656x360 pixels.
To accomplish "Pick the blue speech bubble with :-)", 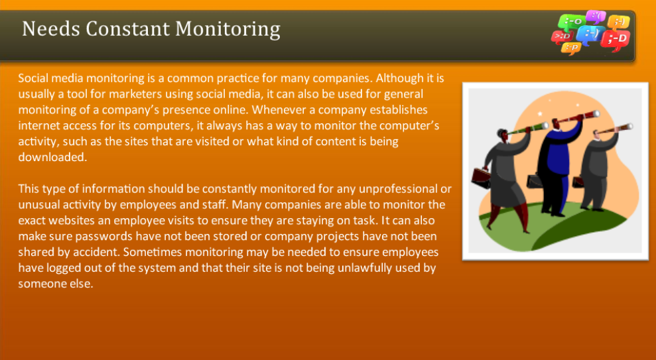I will point(589,32).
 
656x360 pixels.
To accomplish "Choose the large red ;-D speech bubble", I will point(616,40).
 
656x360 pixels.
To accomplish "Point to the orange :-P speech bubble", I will point(570,47).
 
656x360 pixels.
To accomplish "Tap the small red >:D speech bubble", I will point(560,36).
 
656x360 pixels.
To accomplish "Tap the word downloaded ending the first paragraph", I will point(51,157).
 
